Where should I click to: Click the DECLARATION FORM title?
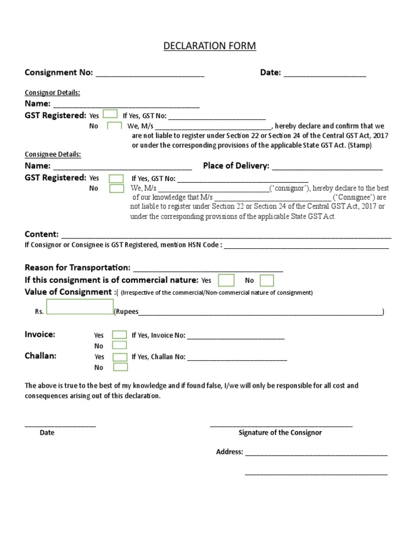click(x=209, y=46)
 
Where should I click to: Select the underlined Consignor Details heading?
click(x=52, y=92)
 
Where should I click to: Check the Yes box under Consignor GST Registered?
click(x=110, y=114)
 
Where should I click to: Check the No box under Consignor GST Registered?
click(x=114, y=126)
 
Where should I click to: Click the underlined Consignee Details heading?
click(x=53, y=155)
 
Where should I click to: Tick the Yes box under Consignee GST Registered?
click(x=116, y=178)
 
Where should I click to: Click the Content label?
click(x=42, y=234)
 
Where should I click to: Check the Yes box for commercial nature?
click(x=226, y=281)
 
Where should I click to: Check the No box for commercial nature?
click(x=267, y=281)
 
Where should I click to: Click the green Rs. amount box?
click(x=80, y=307)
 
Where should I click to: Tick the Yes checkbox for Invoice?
click(x=119, y=335)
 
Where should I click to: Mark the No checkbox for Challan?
click(x=119, y=367)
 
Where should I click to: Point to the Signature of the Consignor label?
click(x=280, y=433)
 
